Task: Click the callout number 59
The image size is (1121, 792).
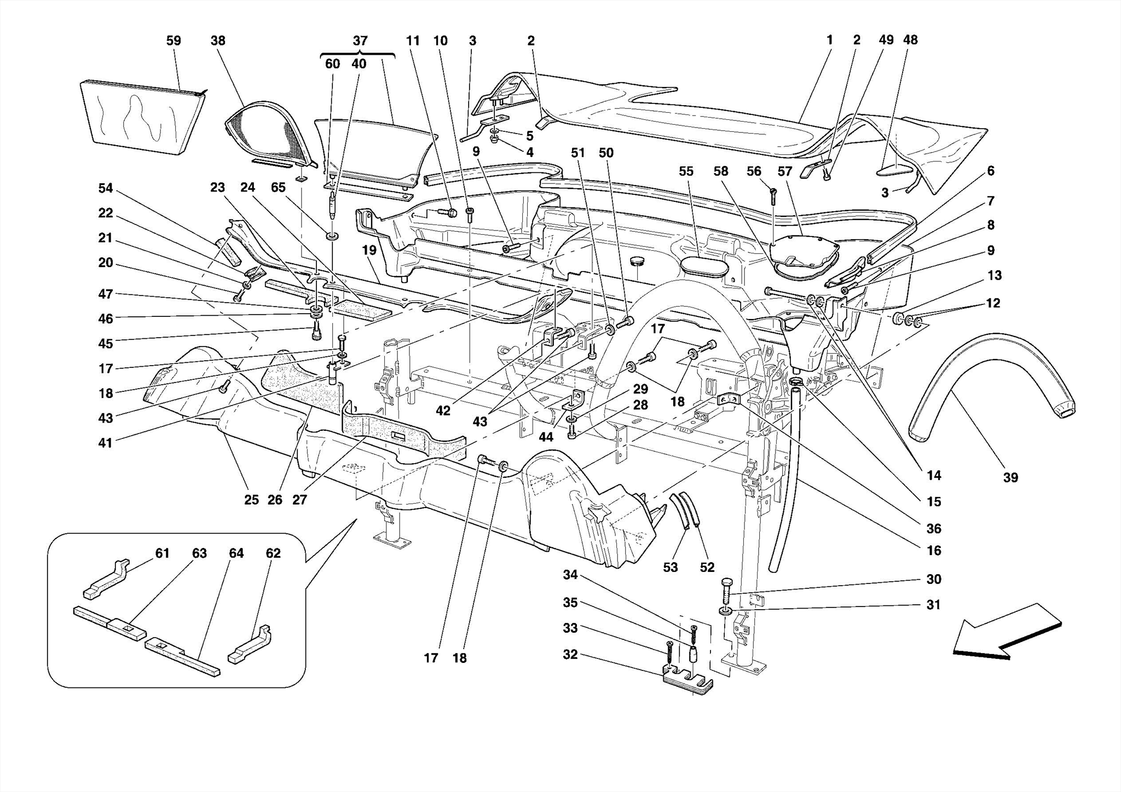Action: point(174,41)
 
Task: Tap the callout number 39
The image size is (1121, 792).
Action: point(1010,477)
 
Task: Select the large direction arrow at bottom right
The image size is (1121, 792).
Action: point(1007,632)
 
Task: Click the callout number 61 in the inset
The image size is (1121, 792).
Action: point(162,553)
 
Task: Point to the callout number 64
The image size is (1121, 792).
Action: point(236,553)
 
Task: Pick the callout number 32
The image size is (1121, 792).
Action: point(570,655)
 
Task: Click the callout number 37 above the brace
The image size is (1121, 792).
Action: point(360,41)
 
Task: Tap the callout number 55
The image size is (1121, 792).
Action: point(686,171)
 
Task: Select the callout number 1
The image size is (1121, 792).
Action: point(829,40)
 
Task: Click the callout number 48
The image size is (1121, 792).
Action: point(910,40)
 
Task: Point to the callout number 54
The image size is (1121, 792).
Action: point(105,188)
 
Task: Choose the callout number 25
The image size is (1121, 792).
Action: point(251,500)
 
